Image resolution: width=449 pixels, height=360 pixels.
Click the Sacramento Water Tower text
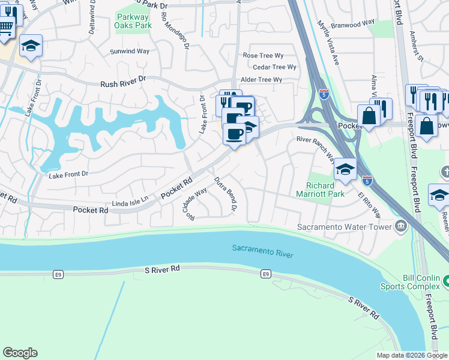(x=344, y=227)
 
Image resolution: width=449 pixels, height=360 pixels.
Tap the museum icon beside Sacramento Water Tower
(x=401, y=226)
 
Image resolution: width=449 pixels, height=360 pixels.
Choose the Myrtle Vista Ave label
(x=328, y=44)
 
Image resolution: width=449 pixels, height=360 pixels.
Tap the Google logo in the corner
(x=20, y=353)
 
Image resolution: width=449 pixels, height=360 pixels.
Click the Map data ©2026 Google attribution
(x=412, y=355)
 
